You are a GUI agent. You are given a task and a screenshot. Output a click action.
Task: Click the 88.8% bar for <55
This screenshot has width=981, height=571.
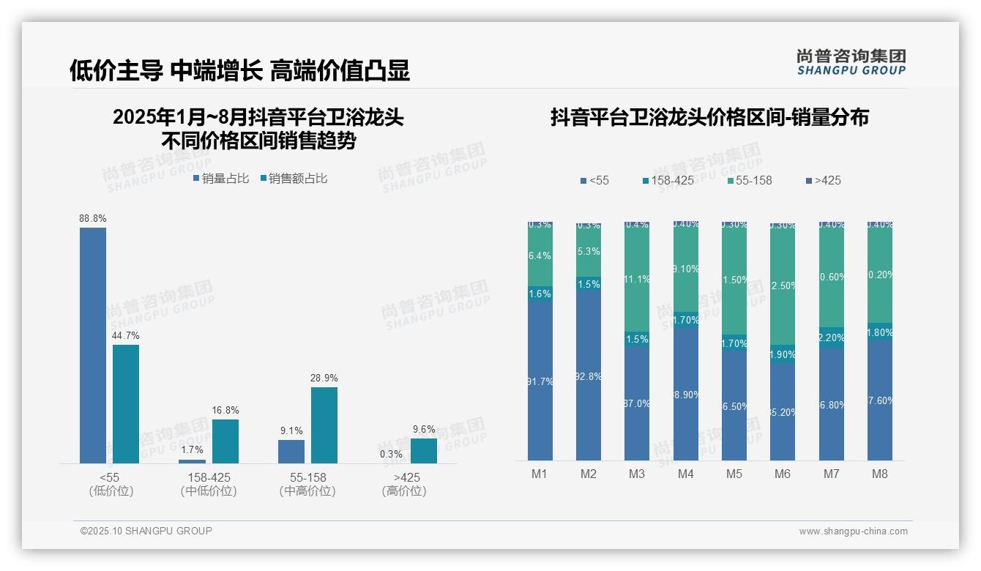point(93,345)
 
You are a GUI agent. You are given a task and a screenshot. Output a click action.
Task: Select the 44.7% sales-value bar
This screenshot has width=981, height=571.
point(126,403)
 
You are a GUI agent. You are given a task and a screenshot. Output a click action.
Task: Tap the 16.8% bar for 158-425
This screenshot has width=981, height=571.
point(225,441)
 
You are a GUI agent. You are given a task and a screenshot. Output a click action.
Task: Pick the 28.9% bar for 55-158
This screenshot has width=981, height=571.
point(324,425)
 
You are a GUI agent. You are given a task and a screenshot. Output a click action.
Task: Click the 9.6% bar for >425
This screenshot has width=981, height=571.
point(424,450)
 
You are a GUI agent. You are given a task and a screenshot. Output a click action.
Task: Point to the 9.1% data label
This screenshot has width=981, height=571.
point(291,431)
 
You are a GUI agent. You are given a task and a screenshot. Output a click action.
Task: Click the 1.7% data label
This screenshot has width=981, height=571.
point(192,450)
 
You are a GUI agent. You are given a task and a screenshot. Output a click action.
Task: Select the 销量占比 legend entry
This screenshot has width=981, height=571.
point(221,179)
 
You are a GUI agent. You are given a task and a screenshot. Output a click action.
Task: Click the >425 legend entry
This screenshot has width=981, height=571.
point(824,181)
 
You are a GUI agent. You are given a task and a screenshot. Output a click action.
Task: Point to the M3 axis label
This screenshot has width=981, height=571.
point(637,474)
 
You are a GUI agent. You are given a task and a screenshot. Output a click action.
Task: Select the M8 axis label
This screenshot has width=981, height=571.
point(880,474)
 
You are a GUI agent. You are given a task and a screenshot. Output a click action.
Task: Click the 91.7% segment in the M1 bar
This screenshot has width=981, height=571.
point(540,381)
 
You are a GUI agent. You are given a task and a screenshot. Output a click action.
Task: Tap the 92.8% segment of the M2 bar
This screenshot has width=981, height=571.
point(589,376)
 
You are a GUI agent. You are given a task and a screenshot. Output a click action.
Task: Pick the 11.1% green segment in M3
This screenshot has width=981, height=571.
point(637,280)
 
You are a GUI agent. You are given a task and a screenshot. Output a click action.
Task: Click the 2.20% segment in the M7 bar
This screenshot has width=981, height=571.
point(832,337)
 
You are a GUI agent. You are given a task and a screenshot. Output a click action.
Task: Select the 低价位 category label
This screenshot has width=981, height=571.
point(111,491)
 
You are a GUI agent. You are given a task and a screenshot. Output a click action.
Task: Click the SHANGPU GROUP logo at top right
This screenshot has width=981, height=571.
point(851,62)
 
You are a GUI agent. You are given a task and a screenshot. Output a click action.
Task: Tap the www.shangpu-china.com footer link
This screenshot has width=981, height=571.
point(853,531)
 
